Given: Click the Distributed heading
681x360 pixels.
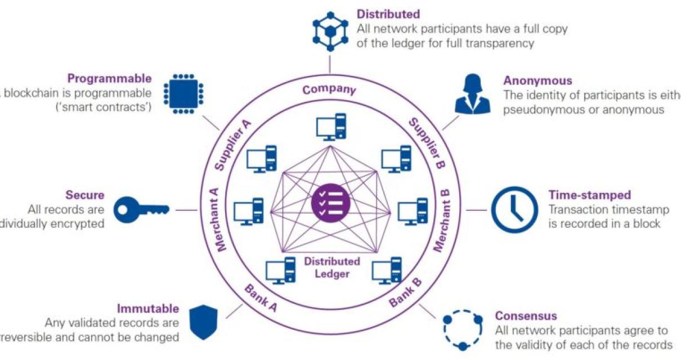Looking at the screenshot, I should pos(388,13).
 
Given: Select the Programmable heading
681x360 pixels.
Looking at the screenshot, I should pos(109,79).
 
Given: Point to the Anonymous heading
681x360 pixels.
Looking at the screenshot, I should pos(537,81).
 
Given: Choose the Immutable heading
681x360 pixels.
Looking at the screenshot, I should pos(148,309).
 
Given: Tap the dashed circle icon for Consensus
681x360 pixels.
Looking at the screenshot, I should pos(463,330).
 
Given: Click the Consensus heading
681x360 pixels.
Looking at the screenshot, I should pos(526,316).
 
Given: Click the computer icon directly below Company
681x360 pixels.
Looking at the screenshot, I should pos(330,127).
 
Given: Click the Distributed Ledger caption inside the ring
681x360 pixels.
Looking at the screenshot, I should pos(332,268).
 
